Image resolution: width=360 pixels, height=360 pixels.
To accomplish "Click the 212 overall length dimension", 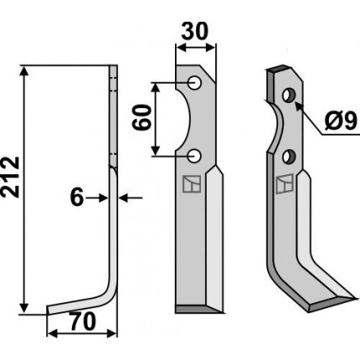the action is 10,177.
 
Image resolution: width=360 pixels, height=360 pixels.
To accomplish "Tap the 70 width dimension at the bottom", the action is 82,321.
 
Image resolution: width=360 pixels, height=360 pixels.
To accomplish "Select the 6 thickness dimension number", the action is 77,198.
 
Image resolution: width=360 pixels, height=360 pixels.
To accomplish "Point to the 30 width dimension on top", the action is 195,31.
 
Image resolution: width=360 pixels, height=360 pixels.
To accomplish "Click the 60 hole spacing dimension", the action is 141,117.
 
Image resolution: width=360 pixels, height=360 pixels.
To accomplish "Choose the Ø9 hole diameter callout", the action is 341,121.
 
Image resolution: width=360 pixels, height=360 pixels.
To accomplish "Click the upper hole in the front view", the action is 194,83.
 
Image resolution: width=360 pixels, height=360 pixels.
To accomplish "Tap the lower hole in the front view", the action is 194,157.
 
